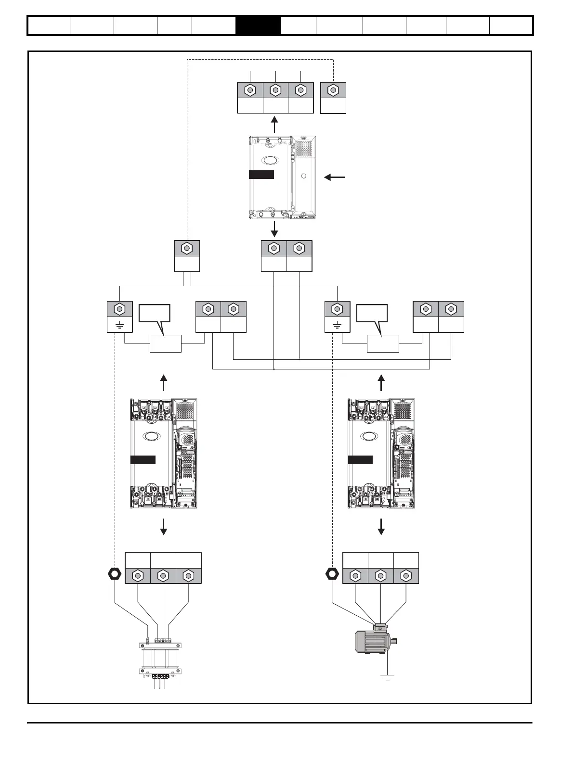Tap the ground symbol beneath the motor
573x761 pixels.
coord(387,678)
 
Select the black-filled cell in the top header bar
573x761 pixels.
coord(258,26)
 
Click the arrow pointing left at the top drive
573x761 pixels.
coord(335,178)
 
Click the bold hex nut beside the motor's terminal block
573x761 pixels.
coord(332,574)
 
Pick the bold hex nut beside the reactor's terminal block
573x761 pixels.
coord(115,574)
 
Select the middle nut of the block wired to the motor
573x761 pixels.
coord(380,575)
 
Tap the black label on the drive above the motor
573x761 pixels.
coord(360,460)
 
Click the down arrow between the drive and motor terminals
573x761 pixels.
coord(381,527)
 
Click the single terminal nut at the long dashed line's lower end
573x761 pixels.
coord(186,248)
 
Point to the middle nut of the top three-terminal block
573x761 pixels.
coord(275,90)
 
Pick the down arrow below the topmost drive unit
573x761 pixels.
coord(274,229)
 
